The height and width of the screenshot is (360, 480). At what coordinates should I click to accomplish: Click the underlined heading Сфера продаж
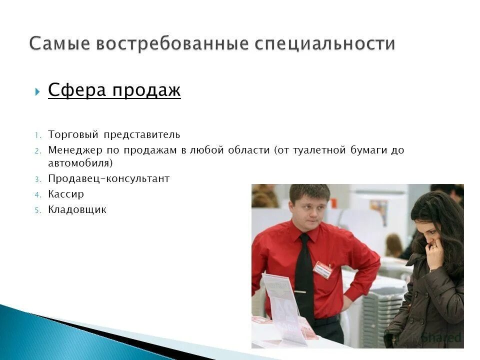114,90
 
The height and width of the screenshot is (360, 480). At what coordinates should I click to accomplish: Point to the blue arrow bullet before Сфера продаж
38,92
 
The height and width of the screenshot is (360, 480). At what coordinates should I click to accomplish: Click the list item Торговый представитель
114,135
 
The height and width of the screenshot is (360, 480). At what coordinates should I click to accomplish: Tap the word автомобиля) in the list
80,163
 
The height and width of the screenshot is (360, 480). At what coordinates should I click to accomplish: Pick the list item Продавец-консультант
109,178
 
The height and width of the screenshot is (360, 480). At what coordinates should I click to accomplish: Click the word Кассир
66,194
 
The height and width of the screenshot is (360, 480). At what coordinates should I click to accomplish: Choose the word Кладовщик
77,209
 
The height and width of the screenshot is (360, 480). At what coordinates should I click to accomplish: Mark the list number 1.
37,135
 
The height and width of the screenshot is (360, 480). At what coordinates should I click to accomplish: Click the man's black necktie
304,275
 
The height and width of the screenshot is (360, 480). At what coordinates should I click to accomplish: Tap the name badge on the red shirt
322,269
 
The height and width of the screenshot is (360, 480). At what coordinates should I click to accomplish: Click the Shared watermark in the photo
440,337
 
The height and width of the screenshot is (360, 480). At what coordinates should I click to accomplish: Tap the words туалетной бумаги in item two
340,150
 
